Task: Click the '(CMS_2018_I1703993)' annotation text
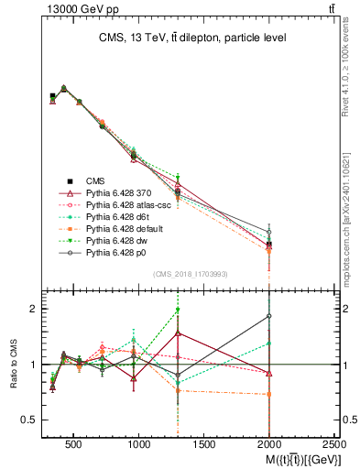click(x=190, y=274)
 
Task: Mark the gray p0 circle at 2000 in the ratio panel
click(x=269, y=316)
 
